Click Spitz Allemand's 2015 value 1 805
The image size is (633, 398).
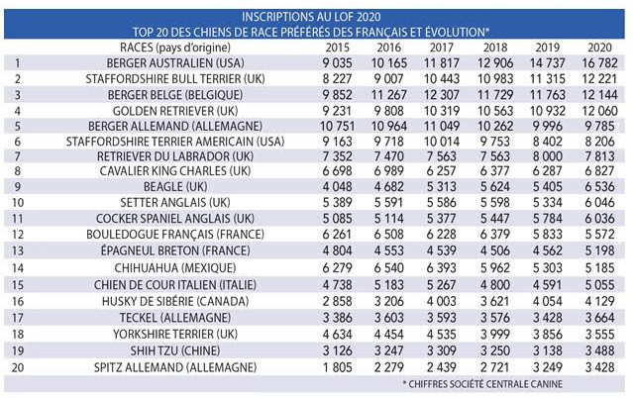pos(340,367)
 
